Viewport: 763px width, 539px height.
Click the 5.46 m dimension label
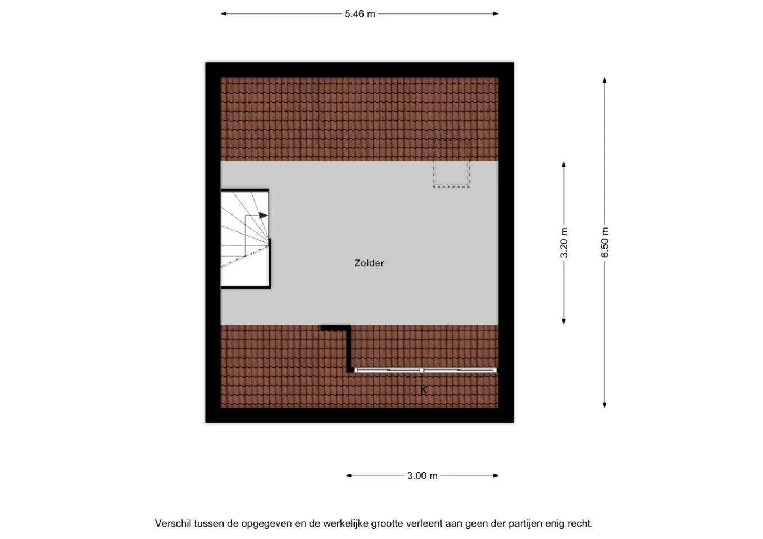pyautogui.click(x=360, y=14)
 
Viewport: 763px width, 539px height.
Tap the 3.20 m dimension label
pyautogui.click(x=564, y=243)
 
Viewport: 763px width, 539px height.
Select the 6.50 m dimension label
pyautogui.click(x=605, y=243)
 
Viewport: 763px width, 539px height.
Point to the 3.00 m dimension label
pyautogui.click(x=423, y=476)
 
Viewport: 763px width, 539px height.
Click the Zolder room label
pyautogui.click(x=369, y=263)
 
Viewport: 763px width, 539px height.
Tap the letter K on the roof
pyautogui.click(x=424, y=390)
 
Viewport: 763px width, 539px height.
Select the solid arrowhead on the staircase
pyautogui.click(x=264, y=216)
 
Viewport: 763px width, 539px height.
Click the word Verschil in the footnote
pyautogui.click(x=173, y=523)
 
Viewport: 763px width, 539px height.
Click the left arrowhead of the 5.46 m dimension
pyautogui.click(x=224, y=14)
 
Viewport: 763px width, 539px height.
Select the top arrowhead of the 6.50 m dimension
pyautogui.click(x=605, y=80)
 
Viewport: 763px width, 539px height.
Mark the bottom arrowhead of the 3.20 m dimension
pyautogui.click(x=564, y=321)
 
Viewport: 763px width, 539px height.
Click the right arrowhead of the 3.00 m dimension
pyautogui.click(x=496, y=476)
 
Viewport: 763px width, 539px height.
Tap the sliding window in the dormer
pyautogui.click(x=425, y=370)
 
